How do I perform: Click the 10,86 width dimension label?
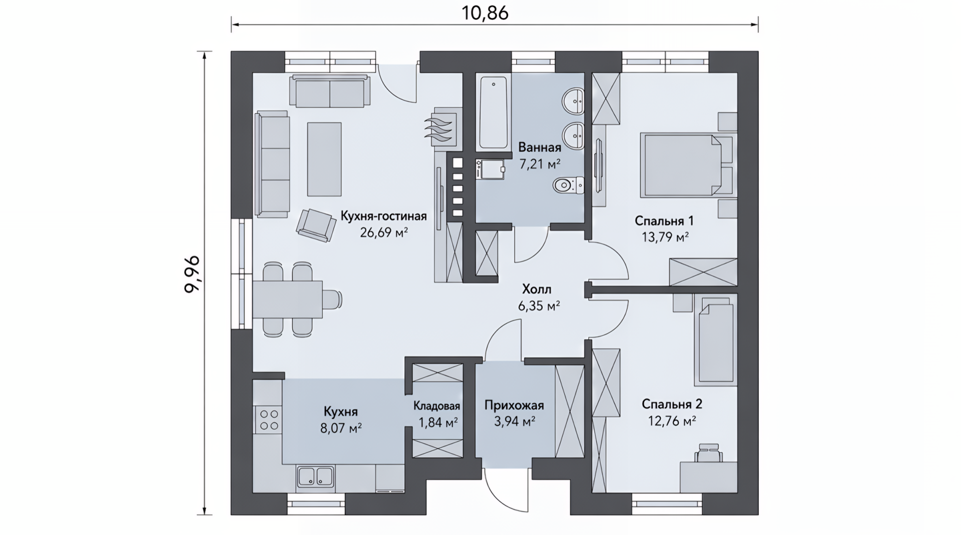tap(485, 13)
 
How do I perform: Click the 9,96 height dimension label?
tap(193, 274)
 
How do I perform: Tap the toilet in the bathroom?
tap(569, 185)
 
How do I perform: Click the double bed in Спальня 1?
tap(686, 164)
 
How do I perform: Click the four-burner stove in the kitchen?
tap(268, 420)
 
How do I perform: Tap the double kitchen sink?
tap(315, 476)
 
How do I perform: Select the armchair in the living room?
tap(316, 225)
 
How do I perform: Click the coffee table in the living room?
tap(324, 159)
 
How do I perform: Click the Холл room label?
tap(537, 289)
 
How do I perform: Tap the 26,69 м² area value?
tap(384, 232)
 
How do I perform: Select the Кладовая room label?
tap(437, 406)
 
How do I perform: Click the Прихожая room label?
tap(514, 405)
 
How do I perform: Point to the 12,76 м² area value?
tap(672, 421)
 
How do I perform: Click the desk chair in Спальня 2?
tap(708, 452)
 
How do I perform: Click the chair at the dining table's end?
tap(332, 299)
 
